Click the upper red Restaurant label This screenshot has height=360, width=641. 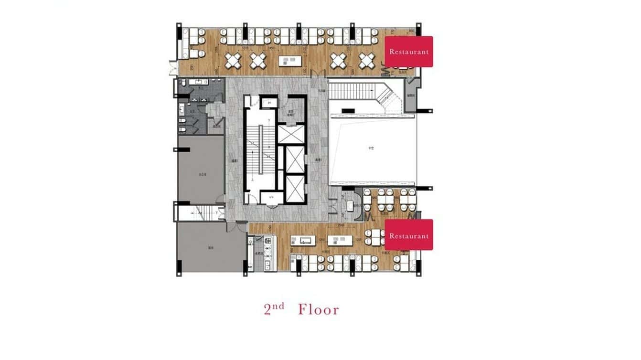409,52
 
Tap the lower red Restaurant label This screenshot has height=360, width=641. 409,235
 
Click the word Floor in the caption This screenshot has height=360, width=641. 319,309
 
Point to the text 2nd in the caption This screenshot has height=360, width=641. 274,308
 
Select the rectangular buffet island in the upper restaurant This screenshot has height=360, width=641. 291,61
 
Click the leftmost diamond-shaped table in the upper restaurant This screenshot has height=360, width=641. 234,60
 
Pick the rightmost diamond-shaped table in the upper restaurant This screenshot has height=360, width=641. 367,60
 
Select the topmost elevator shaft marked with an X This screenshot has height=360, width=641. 291,134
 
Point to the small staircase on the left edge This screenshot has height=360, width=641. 198,212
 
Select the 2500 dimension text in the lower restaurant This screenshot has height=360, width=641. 341,225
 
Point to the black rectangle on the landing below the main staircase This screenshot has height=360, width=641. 348,111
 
